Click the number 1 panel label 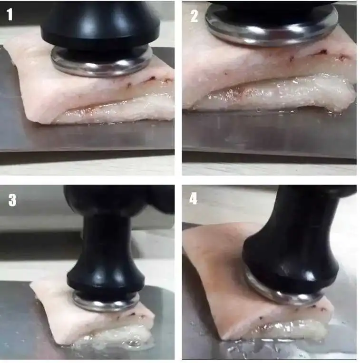pos(10,14)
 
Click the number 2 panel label pos(195,16)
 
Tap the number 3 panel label pos(12,200)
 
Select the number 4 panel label pos(194,198)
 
